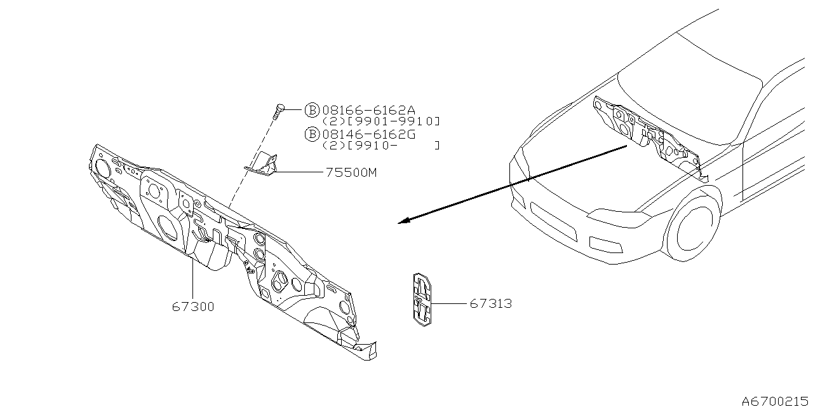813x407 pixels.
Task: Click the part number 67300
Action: tap(193, 307)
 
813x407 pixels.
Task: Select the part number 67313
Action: tap(491, 304)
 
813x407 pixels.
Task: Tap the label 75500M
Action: tap(351, 172)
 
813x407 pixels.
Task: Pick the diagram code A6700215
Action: tap(776, 401)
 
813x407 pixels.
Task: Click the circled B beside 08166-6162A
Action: tap(312, 110)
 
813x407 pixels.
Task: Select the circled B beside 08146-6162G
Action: tap(312, 134)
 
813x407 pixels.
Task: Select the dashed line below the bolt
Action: tap(254, 165)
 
